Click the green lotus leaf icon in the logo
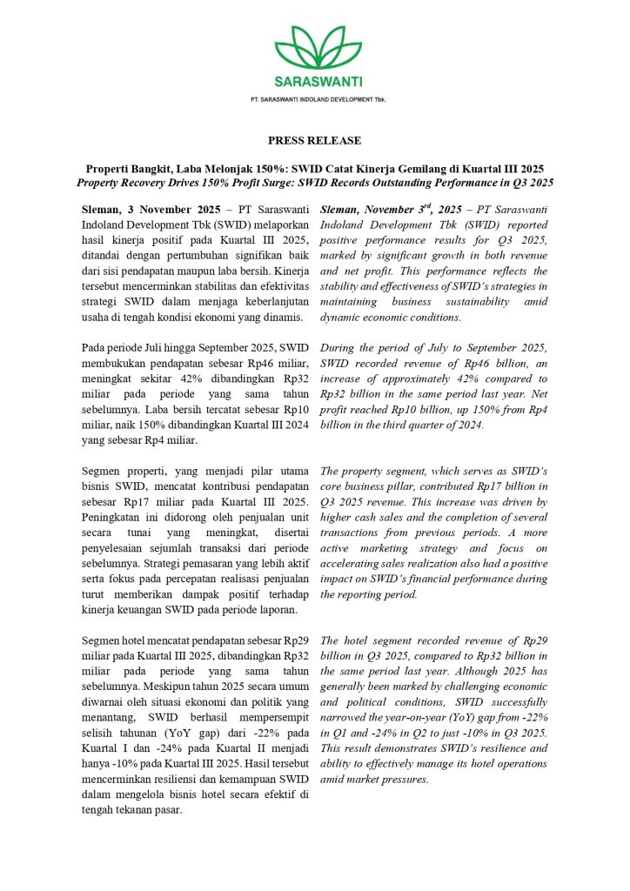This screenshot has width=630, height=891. (314, 49)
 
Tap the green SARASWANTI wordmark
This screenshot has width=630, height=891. (315, 83)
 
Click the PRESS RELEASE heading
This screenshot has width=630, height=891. (314, 140)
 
